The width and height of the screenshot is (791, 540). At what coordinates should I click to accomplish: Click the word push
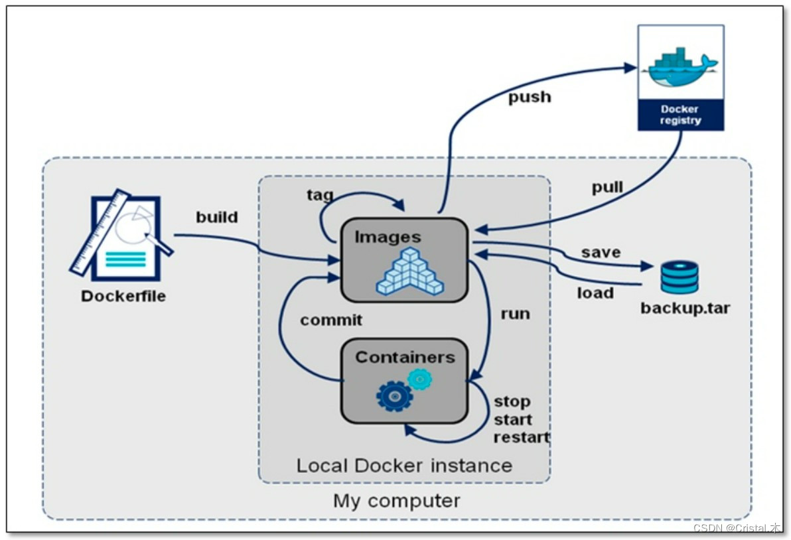(x=530, y=98)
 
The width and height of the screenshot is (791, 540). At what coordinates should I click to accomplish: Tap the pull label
(x=607, y=188)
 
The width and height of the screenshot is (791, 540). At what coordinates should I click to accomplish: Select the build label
(x=217, y=218)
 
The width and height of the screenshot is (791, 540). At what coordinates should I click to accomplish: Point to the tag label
(x=320, y=195)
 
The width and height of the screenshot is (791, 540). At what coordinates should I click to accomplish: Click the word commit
(x=331, y=320)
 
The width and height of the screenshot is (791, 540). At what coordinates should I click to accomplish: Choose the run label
(x=516, y=314)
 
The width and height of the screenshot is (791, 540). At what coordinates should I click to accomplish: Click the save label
(x=601, y=253)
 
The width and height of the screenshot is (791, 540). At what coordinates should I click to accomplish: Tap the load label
(x=595, y=293)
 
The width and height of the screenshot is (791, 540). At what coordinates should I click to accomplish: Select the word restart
(x=522, y=438)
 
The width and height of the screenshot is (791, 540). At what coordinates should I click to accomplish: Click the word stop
(x=512, y=402)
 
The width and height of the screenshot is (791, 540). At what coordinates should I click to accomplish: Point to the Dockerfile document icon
(x=122, y=236)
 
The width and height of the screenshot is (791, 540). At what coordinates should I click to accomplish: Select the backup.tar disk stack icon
(x=679, y=277)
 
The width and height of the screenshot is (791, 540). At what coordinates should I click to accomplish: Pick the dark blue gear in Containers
(x=394, y=395)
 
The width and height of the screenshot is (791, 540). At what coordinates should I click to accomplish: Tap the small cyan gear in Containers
(x=419, y=379)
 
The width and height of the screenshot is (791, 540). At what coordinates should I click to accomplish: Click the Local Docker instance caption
(x=404, y=465)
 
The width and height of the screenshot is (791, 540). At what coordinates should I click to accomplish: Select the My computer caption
(x=397, y=500)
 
